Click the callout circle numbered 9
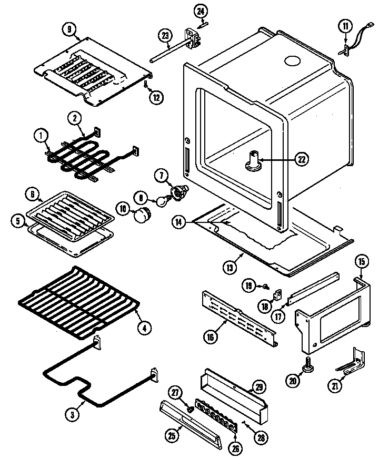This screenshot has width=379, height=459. (x=69, y=29)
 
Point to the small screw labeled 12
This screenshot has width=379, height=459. (x=145, y=83)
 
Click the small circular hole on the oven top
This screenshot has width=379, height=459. (x=291, y=62)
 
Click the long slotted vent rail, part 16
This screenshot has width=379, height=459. (x=240, y=318)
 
